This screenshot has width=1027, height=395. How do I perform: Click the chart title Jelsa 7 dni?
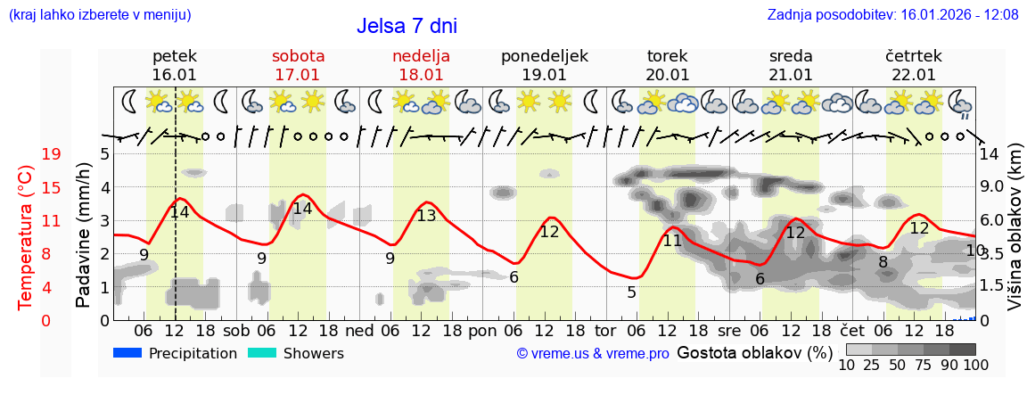pyautogui.click(x=407, y=26)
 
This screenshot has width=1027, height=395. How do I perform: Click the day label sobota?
pyautogui.click(x=298, y=56)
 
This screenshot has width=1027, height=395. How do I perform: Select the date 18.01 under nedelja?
pyautogui.click(x=421, y=75)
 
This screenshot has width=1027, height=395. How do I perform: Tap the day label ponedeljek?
pyautogui.click(x=545, y=56)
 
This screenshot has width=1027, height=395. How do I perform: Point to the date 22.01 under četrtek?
pyautogui.click(x=914, y=75)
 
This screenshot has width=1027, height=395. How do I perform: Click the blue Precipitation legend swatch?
pyautogui.click(x=128, y=353)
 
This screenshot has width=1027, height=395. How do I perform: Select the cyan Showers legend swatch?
pyautogui.click(x=262, y=353)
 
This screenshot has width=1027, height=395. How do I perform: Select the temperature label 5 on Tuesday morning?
pyautogui.click(x=631, y=292)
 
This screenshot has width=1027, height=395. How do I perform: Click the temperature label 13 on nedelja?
pyautogui.click(x=427, y=216)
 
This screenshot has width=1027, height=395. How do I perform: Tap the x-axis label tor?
pyautogui.click(x=605, y=330)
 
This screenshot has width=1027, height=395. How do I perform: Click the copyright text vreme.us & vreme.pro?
pyautogui.click(x=593, y=354)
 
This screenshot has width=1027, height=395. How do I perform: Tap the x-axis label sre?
pyautogui.click(x=729, y=330)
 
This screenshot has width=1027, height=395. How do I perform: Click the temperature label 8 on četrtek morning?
pyautogui.click(x=883, y=262)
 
